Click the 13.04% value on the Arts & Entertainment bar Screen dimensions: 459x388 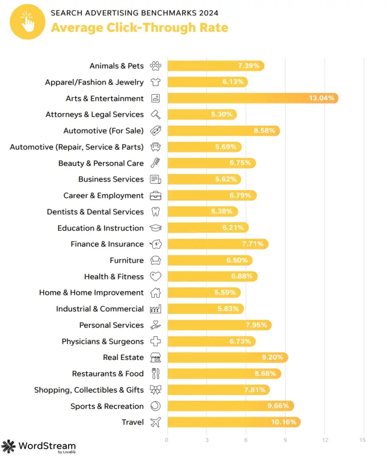pyautogui.click(x=321, y=98)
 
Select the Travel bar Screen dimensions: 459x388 pyautogui.click(x=234, y=422)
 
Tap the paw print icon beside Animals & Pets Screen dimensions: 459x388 pyautogui.click(x=156, y=66)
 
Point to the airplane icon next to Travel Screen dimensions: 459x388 pyautogui.click(x=155, y=422)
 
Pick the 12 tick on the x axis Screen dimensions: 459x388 pyautogui.click(x=324, y=440)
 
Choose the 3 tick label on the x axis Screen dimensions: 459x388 pyautogui.click(x=207, y=440)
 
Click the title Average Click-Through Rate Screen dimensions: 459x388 pyautogui.click(x=139, y=28)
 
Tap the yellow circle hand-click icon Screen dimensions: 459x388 pyautogui.click(x=27, y=22)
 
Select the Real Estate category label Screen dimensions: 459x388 pyautogui.click(x=123, y=357)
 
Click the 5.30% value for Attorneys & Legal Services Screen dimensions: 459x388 pyautogui.click(x=222, y=114)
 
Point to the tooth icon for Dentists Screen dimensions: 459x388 pyautogui.click(x=156, y=212)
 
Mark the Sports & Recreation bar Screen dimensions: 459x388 pyautogui.click(x=230, y=406)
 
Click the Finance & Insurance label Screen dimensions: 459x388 pyautogui.click(x=107, y=244)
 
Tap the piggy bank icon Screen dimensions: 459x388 pyautogui.click(x=156, y=244)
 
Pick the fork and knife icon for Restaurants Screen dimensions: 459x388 pyautogui.click(x=156, y=374)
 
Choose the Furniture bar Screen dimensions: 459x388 pyautogui.click(x=209, y=260)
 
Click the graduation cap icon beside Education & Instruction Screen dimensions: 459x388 pyautogui.click(x=156, y=228)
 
